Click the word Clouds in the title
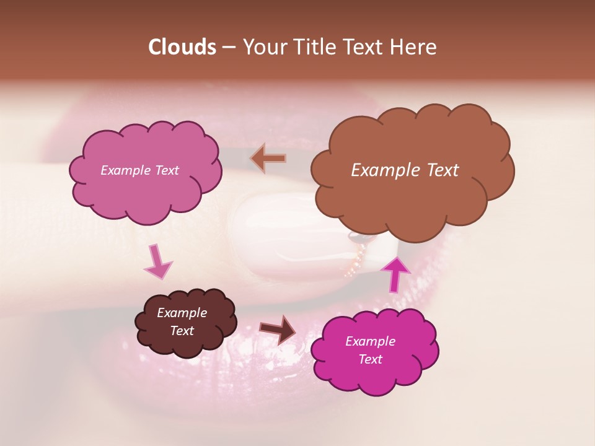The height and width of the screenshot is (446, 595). click(182, 47)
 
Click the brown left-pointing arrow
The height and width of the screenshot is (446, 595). click(268, 158)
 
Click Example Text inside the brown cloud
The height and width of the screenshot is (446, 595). click(405, 170)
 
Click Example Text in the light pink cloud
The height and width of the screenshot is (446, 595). click(139, 170)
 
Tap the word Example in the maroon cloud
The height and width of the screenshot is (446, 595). click(182, 313)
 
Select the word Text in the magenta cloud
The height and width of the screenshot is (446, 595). click(370, 359)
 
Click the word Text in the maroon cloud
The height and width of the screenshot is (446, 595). click(182, 331)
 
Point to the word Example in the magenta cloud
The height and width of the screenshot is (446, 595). click(370, 341)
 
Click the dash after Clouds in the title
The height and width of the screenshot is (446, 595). click(228, 47)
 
